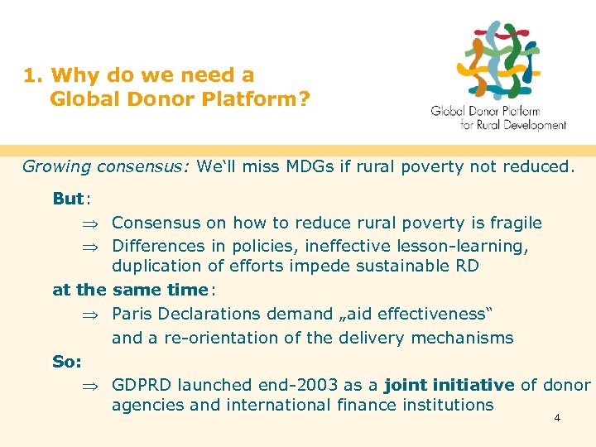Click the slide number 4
tap(557, 418)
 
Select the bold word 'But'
tap(68, 199)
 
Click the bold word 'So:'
tap(66, 362)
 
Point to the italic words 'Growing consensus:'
tap(106, 166)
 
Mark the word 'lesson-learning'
tap(460, 246)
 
